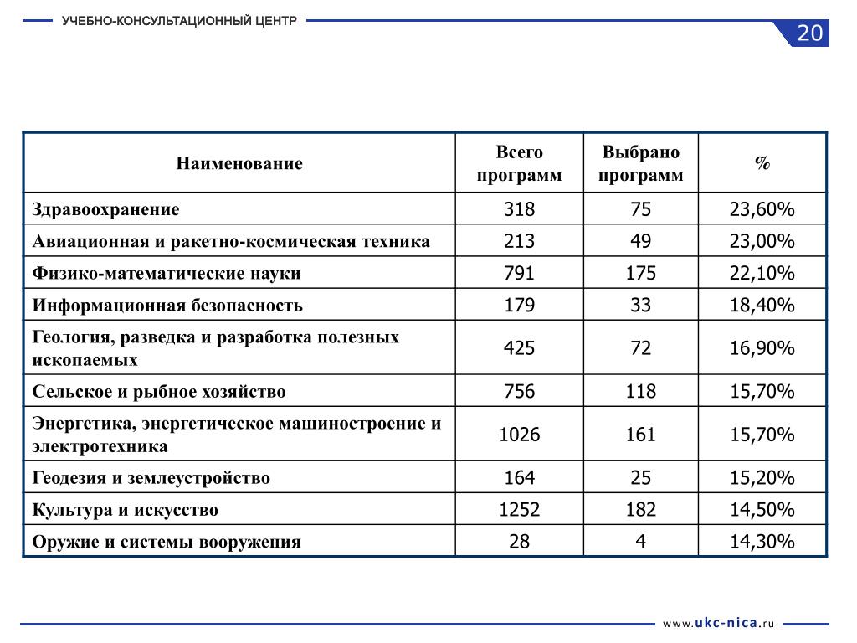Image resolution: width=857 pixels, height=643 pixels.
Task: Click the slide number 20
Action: pos(809,33)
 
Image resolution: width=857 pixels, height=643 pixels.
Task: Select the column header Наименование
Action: pos(239,163)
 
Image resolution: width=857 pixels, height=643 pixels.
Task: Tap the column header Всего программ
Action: pos(519,163)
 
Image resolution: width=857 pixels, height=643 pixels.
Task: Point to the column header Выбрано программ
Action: pos(640,163)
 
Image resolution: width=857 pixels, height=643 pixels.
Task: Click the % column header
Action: pos(762,163)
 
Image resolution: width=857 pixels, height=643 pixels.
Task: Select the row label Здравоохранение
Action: pos(106,209)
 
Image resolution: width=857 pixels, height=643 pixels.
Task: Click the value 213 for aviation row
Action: pos(519,242)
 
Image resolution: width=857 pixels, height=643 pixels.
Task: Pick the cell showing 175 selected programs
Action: pos(640,274)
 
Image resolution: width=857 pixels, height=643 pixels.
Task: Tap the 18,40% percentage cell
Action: pos(762,306)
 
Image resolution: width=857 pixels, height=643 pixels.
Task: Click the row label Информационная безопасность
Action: pos(167,306)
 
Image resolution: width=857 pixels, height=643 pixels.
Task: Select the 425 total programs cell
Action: pos(519,348)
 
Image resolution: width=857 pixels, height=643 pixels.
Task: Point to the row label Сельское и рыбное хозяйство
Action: pos(159,392)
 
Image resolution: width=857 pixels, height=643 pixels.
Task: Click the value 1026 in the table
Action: pos(519,435)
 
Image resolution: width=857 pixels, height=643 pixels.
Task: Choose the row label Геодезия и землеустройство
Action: pos(151,478)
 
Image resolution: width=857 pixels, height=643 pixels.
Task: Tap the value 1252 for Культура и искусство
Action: pos(519,510)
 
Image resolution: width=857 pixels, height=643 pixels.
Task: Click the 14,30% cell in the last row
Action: pos(762,542)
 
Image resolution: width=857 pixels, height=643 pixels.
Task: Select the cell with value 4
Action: pos(640,542)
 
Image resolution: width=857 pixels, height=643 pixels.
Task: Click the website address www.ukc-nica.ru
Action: pos(719,624)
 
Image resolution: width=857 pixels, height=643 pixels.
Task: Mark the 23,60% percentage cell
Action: pos(762,209)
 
